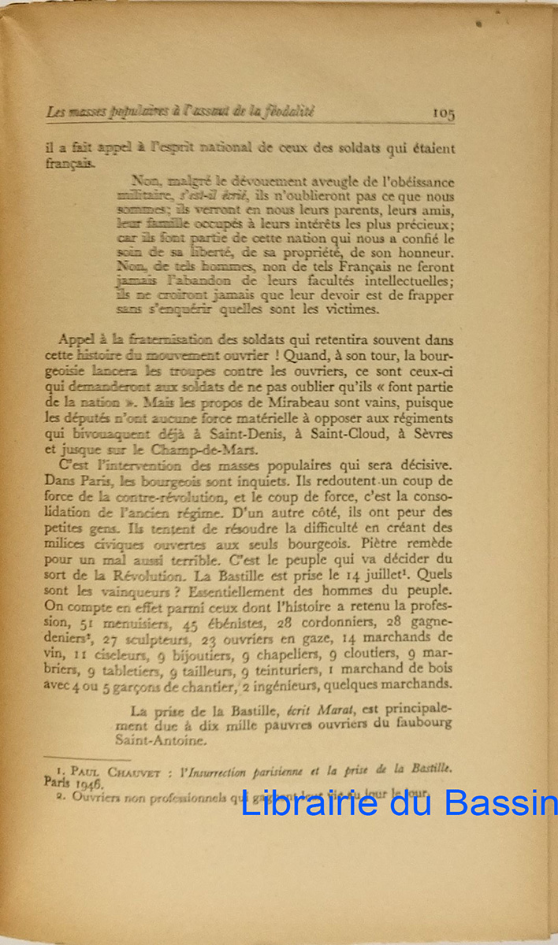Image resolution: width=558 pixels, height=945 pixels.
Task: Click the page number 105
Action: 444,113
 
